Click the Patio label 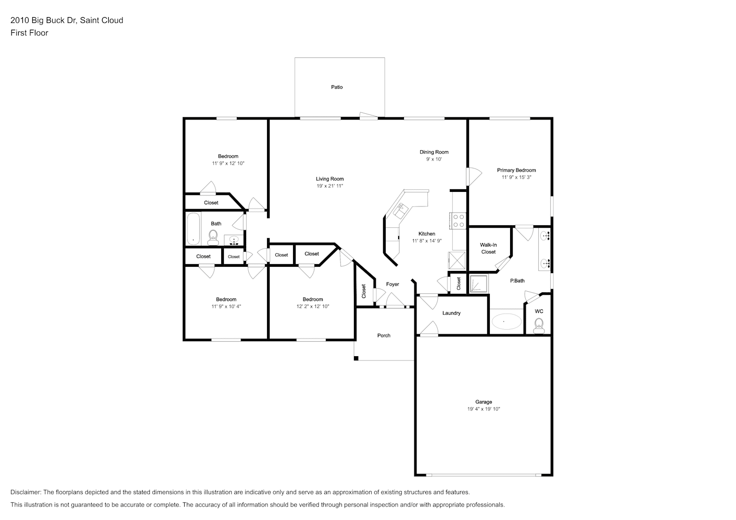click(x=337, y=87)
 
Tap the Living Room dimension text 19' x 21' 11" click(x=329, y=186)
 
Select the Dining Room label click(x=434, y=152)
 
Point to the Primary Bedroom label click(x=516, y=170)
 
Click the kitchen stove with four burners click(x=459, y=220)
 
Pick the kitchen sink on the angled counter click(x=401, y=211)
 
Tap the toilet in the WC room click(x=539, y=326)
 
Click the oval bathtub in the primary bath click(x=505, y=322)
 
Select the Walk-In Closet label click(x=488, y=248)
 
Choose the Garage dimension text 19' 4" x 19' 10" click(x=484, y=409)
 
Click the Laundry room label click(x=451, y=313)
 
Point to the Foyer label click(x=392, y=284)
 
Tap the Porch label click(x=384, y=335)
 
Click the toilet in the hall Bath click(x=213, y=237)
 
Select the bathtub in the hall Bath click(x=194, y=229)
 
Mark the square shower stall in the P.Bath click(x=479, y=284)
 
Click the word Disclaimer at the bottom click(x=26, y=492)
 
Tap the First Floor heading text click(x=29, y=33)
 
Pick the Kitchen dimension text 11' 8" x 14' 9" click(x=427, y=241)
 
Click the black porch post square click(x=356, y=358)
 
